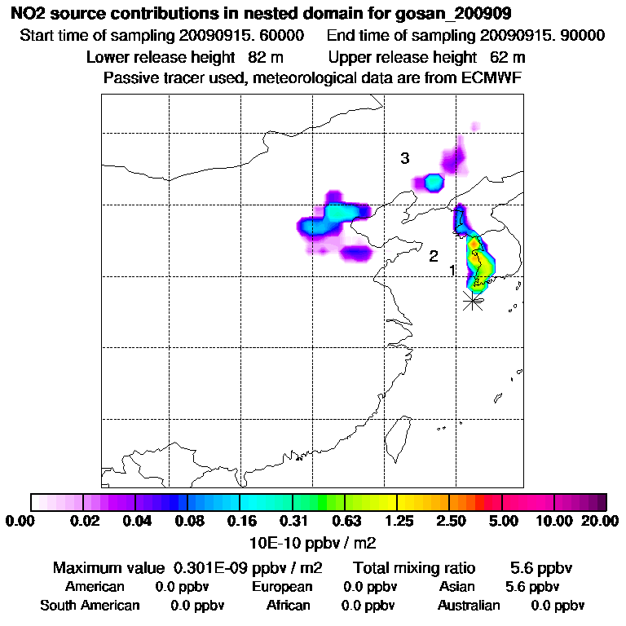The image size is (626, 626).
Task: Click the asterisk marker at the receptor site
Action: pos(472,301)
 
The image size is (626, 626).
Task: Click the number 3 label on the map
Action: pos(404,158)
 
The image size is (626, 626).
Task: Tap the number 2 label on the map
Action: pos(434,256)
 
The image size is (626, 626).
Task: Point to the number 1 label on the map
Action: pos(453,270)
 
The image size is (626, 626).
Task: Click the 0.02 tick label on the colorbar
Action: pos(85,521)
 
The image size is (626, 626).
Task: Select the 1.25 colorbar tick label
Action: pos(398,521)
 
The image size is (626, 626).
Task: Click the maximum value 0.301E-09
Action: pos(212,566)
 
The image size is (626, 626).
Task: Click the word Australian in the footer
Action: pos(469,606)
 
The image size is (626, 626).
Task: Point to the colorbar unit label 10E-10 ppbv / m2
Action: pos(313,541)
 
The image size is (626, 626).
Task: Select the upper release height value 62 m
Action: pos(508,57)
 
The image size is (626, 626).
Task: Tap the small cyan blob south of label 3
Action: pos(434,182)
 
